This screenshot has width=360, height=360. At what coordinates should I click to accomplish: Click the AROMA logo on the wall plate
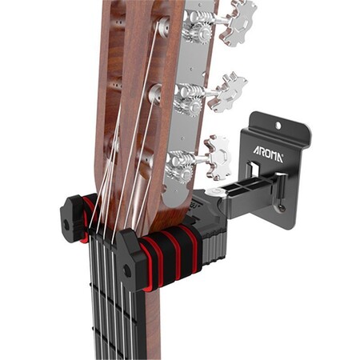coord(268,152)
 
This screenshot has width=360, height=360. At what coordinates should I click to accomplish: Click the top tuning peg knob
coord(239,23)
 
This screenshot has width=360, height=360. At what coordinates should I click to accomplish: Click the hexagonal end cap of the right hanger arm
coord(129,258)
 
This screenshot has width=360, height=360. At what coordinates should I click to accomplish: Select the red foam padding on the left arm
coord(86,216)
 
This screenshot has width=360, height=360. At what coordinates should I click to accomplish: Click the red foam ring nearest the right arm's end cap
coord(150,258)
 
